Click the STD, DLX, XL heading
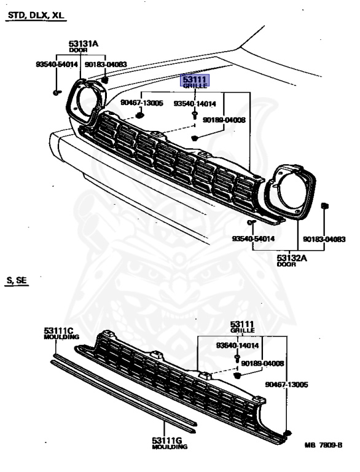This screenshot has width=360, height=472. [36, 15]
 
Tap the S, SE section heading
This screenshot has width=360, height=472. [17, 280]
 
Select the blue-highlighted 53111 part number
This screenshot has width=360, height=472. [195, 79]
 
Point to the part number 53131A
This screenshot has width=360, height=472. [83, 44]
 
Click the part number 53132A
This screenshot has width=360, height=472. [292, 258]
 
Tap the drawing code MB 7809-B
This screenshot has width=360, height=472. [323, 445]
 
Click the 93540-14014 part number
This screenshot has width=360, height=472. [195, 103]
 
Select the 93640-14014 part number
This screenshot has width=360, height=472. [237, 345]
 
